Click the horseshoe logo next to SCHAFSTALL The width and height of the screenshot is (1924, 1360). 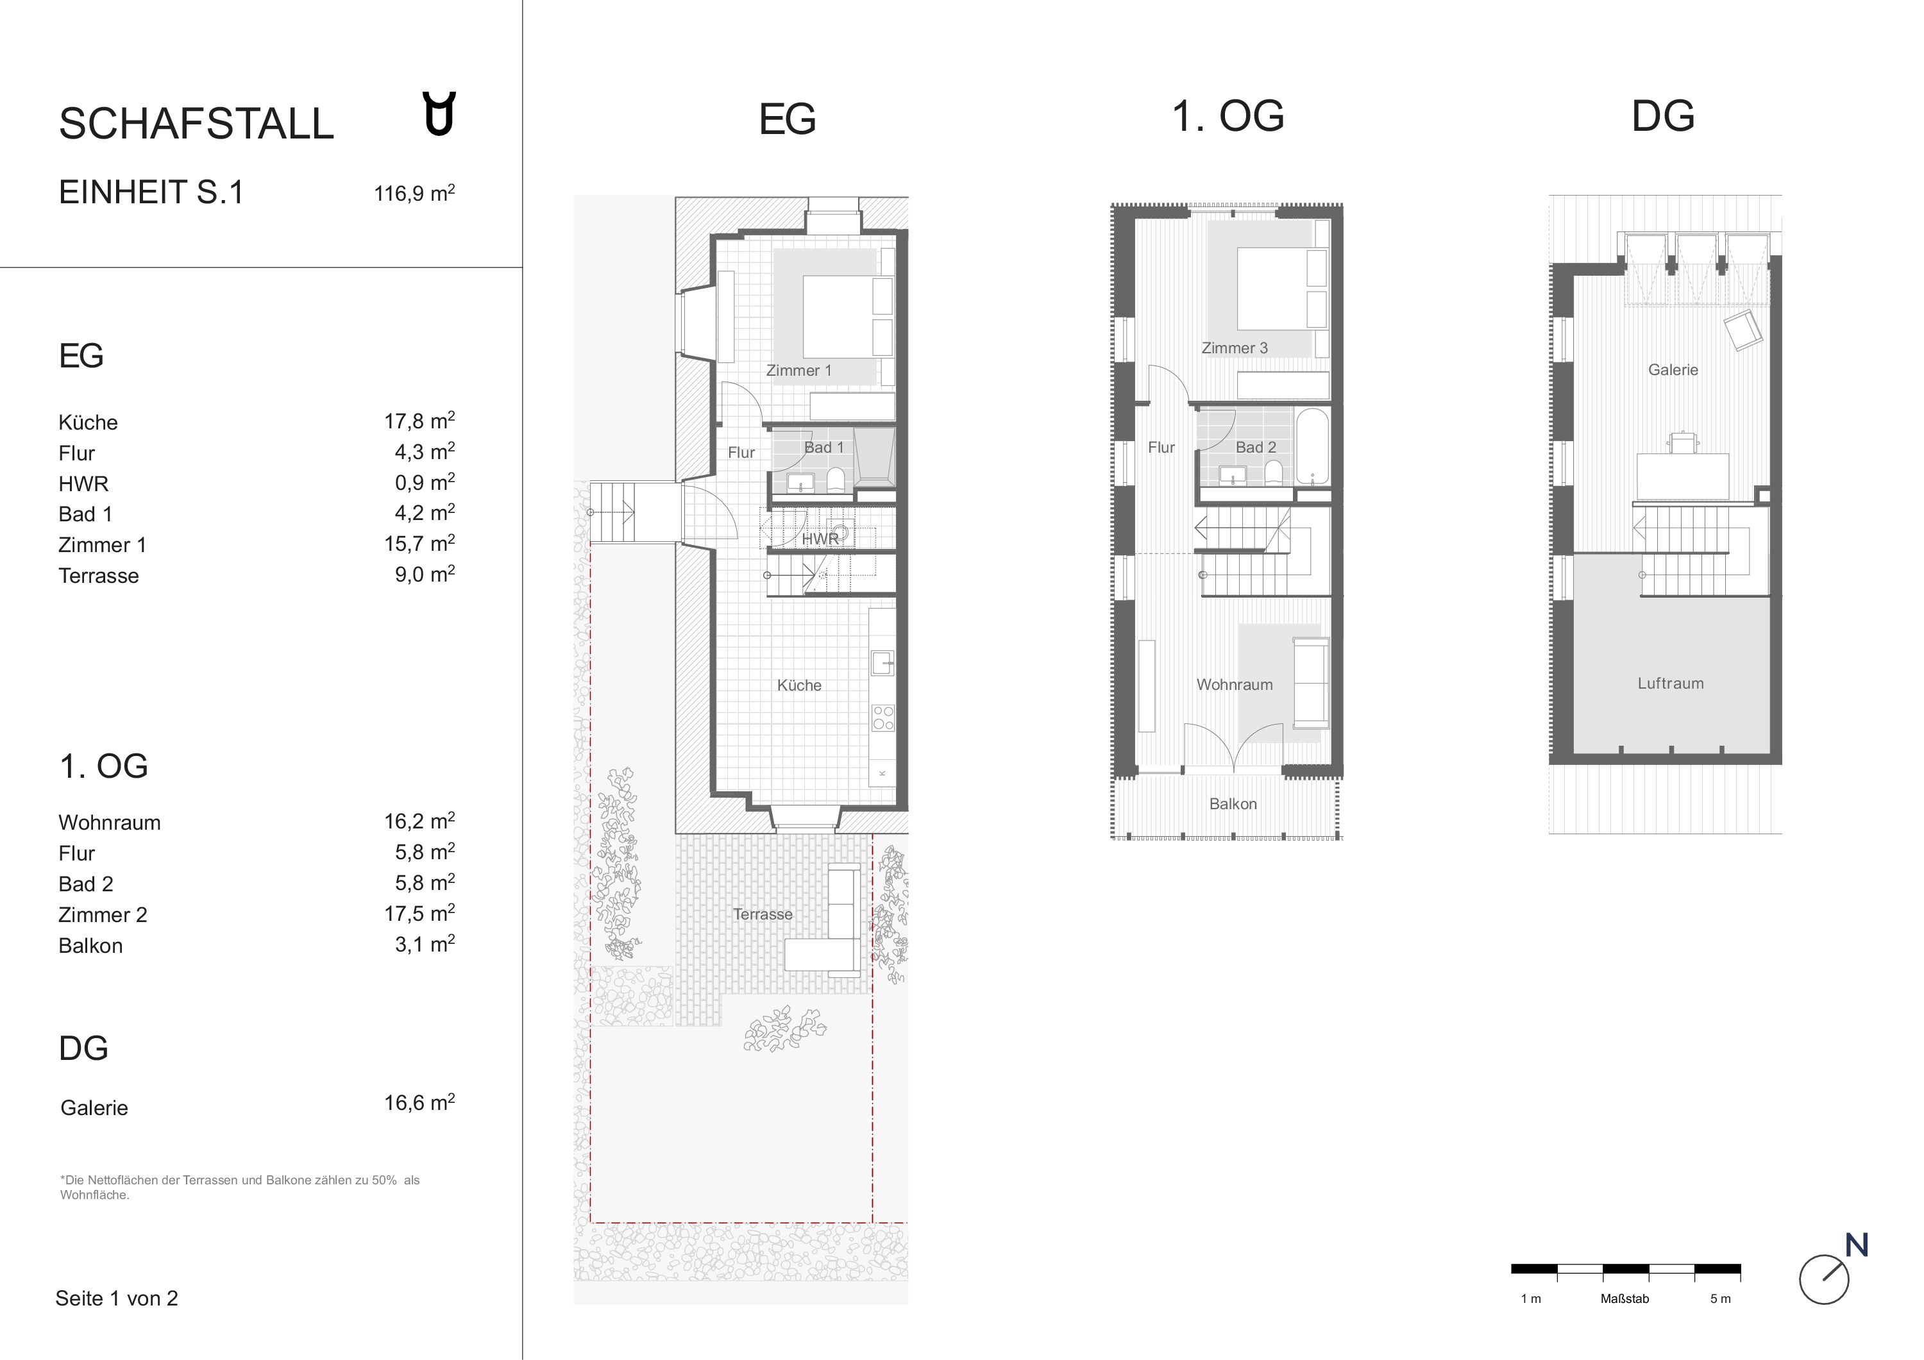pyautogui.click(x=439, y=114)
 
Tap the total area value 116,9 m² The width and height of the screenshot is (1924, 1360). pyautogui.click(x=414, y=193)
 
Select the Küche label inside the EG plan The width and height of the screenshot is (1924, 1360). pyautogui.click(x=798, y=685)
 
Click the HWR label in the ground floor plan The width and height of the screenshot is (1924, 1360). pyautogui.click(x=820, y=539)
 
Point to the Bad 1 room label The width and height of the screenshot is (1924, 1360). pyautogui.click(x=823, y=448)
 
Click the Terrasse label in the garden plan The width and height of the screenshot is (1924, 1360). pyautogui.click(x=763, y=914)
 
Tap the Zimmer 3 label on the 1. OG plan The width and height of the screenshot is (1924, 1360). pyautogui.click(x=1235, y=348)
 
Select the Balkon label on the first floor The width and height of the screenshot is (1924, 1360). pyautogui.click(x=1233, y=803)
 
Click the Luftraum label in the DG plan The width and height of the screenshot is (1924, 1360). pyautogui.click(x=1671, y=683)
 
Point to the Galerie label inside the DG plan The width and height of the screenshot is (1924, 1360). pyautogui.click(x=1673, y=369)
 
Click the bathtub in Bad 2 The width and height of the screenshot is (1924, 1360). pyautogui.click(x=1312, y=447)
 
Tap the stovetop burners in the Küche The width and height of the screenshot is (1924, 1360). pyautogui.click(x=883, y=718)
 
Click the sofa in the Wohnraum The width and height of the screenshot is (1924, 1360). pyautogui.click(x=1311, y=682)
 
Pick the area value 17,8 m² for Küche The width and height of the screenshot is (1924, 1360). pyautogui.click(x=419, y=421)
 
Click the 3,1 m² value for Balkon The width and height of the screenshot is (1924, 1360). pyautogui.click(x=425, y=944)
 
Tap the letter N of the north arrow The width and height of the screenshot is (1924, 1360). pyautogui.click(x=1857, y=1245)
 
